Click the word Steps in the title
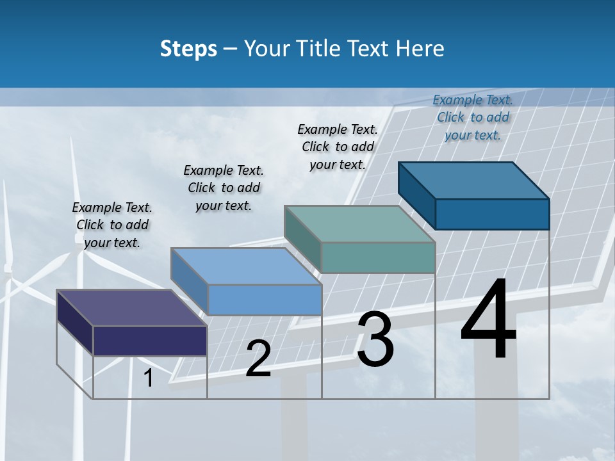pyautogui.click(x=188, y=49)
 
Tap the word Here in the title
pyautogui.click(x=420, y=49)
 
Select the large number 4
pyautogui.click(x=488, y=319)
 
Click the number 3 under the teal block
pyautogui.click(x=375, y=339)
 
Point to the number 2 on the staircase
pyautogui.click(x=258, y=359)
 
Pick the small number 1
pyautogui.click(x=149, y=378)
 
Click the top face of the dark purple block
pyautogui.click(x=131, y=308)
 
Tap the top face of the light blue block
pyautogui.click(x=246, y=266)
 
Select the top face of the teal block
pyautogui.click(x=360, y=224)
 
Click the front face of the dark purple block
pyautogui.click(x=150, y=341)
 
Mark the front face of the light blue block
pyautogui.click(x=265, y=300)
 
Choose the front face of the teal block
pyautogui.click(x=378, y=257)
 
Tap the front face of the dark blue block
pyautogui.click(x=492, y=214)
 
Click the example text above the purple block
pyautogui.click(x=112, y=225)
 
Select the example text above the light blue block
pyautogui.click(x=224, y=188)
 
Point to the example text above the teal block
pyautogui.click(x=338, y=147)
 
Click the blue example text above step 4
pyautogui.click(x=473, y=117)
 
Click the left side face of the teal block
pyautogui.click(x=302, y=238)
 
